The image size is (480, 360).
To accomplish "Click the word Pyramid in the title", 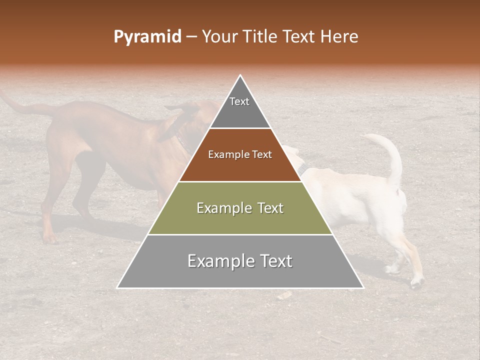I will click(147, 37).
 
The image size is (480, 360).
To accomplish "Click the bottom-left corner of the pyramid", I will click(118, 287).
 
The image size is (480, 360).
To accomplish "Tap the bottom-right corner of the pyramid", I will click(363, 287).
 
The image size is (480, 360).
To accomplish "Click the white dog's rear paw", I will click(416, 282).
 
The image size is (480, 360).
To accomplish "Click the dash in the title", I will click(191, 37).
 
